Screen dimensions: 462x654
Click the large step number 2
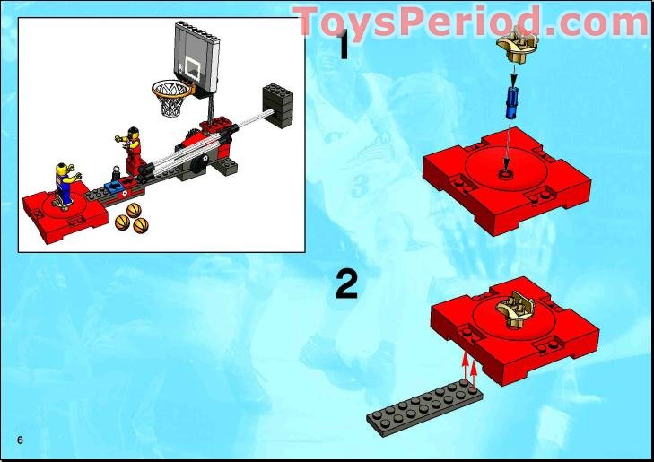coord(346,284)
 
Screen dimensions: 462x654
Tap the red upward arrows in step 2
coord(468,368)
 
